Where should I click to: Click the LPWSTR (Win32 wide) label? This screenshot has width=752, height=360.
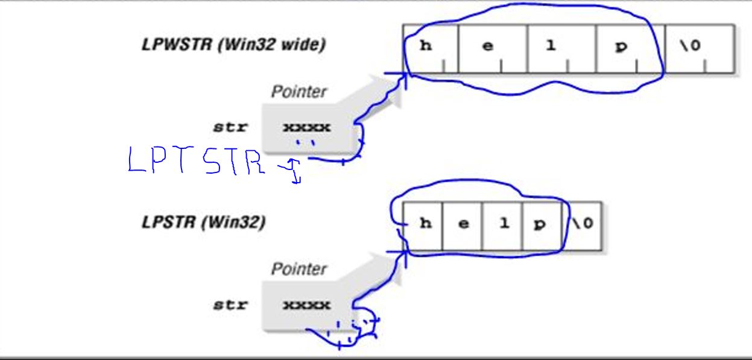click(233, 45)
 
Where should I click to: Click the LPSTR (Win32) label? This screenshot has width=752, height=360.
click(203, 223)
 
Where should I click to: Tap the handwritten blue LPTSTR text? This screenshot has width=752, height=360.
click(196, 162)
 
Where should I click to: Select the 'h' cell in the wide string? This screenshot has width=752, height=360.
click(429, 48)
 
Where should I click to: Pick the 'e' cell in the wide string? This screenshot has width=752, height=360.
click(492, 48)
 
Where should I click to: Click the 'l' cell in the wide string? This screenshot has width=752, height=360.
click(561, 48)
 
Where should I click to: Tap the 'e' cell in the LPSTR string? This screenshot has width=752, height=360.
click(463, 224)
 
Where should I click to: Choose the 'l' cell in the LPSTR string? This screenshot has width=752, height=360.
click(503, 224)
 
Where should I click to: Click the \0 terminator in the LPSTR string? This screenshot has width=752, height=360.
click(583, 224)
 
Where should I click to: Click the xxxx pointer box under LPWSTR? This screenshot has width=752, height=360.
click(307, 128)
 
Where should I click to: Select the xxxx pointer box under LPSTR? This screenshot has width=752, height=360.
click(307, 305)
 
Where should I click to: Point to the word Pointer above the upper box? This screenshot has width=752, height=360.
click(299, 92)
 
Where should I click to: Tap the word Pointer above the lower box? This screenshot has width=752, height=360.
click(299, 269)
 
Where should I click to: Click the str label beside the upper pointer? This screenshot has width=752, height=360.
click(230, 128)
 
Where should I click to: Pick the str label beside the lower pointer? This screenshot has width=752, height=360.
click(230, 305)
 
